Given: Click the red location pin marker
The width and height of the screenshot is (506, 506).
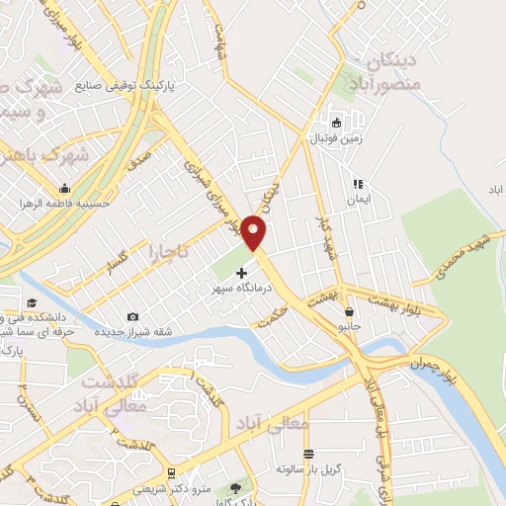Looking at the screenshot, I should pyautogui.click(x=255, y=232).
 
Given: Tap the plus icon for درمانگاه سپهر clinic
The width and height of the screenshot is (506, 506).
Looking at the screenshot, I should pyautogui.click(x=243, y=271).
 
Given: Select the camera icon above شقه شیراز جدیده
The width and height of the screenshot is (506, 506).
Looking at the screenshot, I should pyautogui.click(x=132, y=316).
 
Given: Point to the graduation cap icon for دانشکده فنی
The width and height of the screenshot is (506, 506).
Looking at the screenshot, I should pyautogui.click(x=31, y=303).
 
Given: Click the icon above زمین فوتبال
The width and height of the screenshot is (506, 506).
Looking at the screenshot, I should pyautogui.click(x=336, y=124).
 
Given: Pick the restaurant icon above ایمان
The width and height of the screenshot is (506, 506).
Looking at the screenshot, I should pyautogui.click(x=358, y=184).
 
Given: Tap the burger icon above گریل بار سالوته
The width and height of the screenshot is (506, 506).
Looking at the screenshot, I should pyautogui.click(x=309, y=454).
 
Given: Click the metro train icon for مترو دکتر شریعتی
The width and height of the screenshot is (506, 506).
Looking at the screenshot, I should pyautogui.click(x=170, y=473).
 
